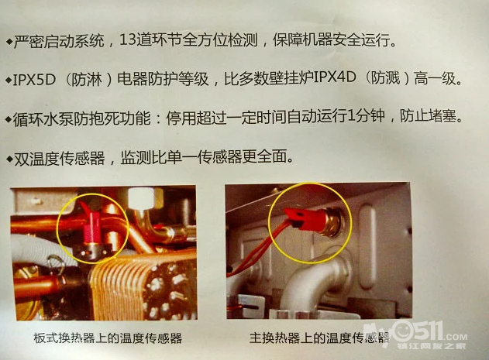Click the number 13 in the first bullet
[128, 40]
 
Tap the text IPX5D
[34, 80]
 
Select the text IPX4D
[335, 77]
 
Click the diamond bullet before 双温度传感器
[9, 159]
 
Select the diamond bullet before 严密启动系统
[9, 42]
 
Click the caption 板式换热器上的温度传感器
[108, 338]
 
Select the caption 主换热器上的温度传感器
[319, 338]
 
